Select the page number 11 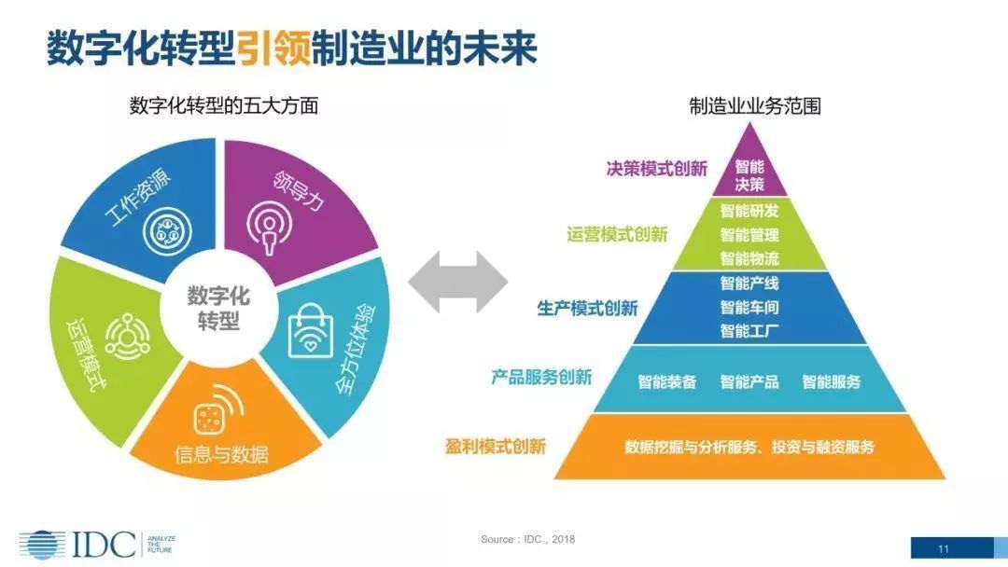click(944, 548)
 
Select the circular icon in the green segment click(125, 334)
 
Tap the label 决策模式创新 click(657, 169)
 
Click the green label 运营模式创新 click(618, 234)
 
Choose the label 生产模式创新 click(587, 308)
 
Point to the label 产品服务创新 click(541, 377)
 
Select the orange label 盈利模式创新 click(496, 446)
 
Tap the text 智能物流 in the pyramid click(749, 257)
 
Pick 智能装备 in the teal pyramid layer click(666, 381)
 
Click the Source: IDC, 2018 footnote click(527, 540)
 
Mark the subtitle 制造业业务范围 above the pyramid click(755, 105)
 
